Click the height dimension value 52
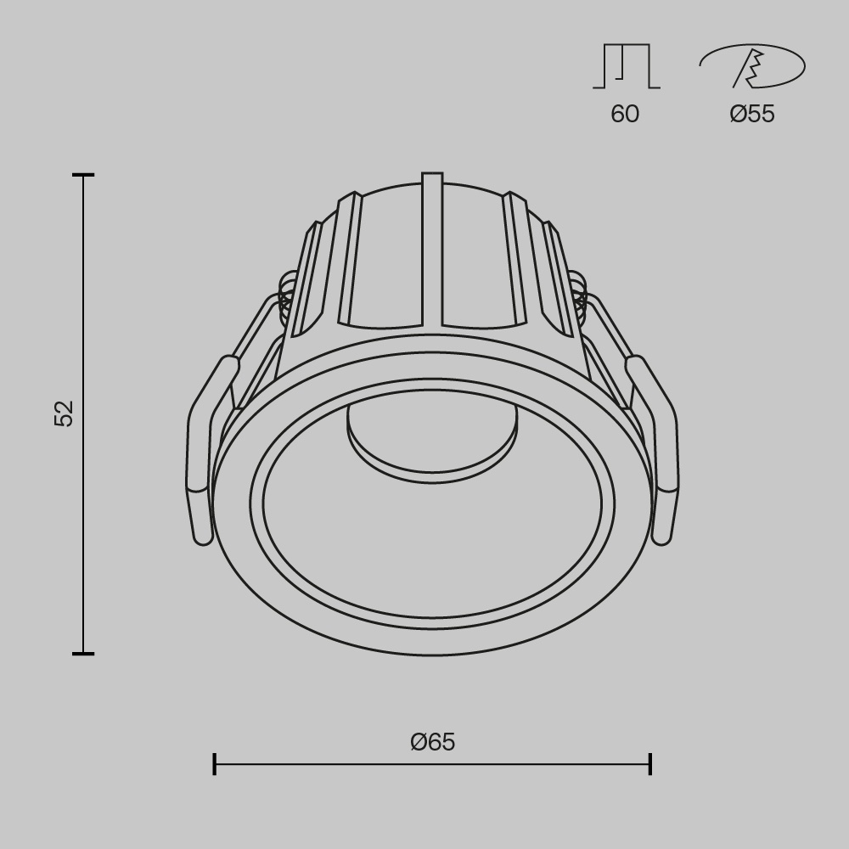pos(65,413)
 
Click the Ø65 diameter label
pos(432,742)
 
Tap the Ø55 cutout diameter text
pos(752,114)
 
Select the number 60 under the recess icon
pos(625,114)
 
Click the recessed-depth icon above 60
pos(627,66)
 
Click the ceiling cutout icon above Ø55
pos(751,66)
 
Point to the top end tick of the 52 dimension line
pos(83,176)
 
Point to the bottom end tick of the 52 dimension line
pos(83,654)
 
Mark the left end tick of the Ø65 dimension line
pos(215,763)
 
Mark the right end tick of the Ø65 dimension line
pos(650,763)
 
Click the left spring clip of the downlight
pos(204,450)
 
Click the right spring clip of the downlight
pos(661,450)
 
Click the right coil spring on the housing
pos(579,297)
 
